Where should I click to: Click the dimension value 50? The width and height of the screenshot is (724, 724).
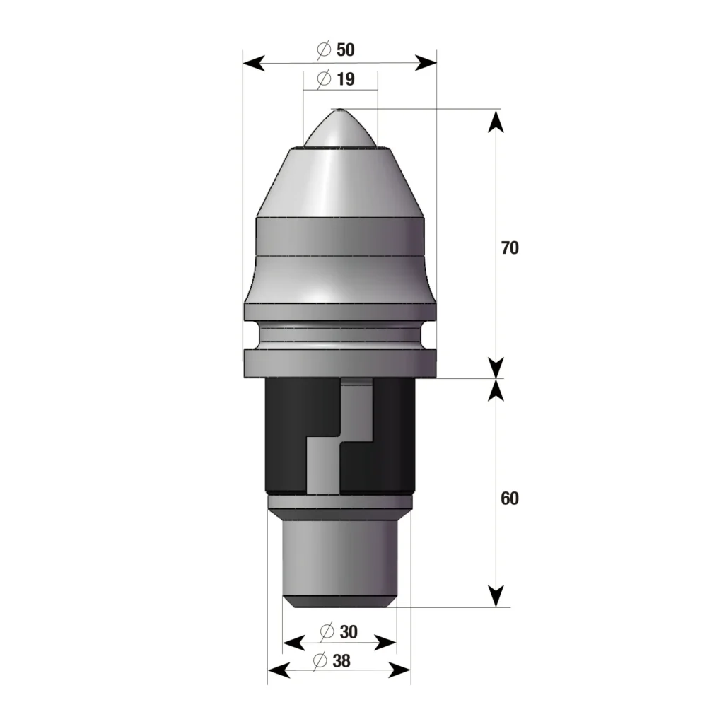[x=346, y=49]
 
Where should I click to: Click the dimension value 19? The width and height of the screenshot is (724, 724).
[x=346, y=79]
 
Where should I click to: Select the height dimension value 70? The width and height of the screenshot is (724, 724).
[x=510, y=248]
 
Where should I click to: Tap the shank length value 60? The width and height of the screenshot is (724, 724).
[x=510, y=498]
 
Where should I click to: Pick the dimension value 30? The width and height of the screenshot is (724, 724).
[x=349, y=631]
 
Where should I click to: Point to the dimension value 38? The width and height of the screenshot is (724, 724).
[x=341, y=661]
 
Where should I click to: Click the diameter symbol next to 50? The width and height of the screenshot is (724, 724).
[x=324, y=49]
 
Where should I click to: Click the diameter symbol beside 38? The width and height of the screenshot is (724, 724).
[x=319, y=661]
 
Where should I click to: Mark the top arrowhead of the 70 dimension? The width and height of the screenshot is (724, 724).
[x=497, y=120]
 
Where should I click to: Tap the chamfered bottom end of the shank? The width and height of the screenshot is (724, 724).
[x=339, y=601]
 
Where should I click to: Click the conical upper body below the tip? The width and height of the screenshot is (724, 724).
[x=339, y=184]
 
